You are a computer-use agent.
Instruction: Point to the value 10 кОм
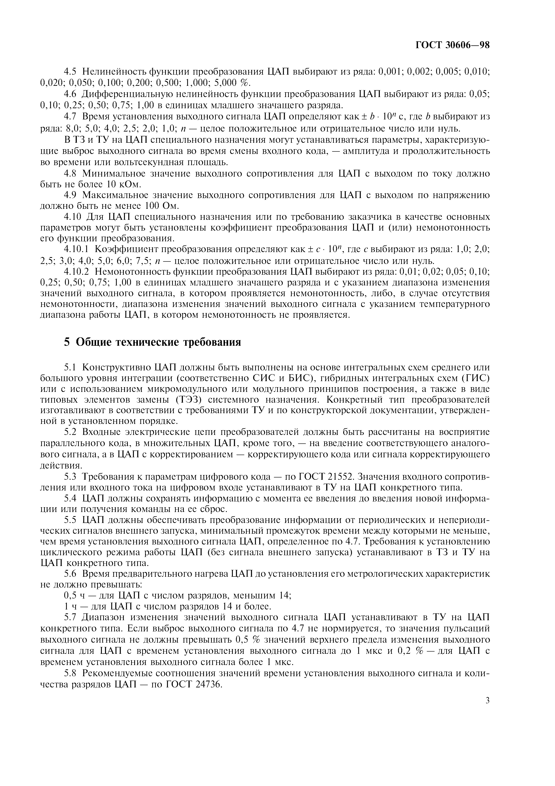(x=124, y=185)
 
